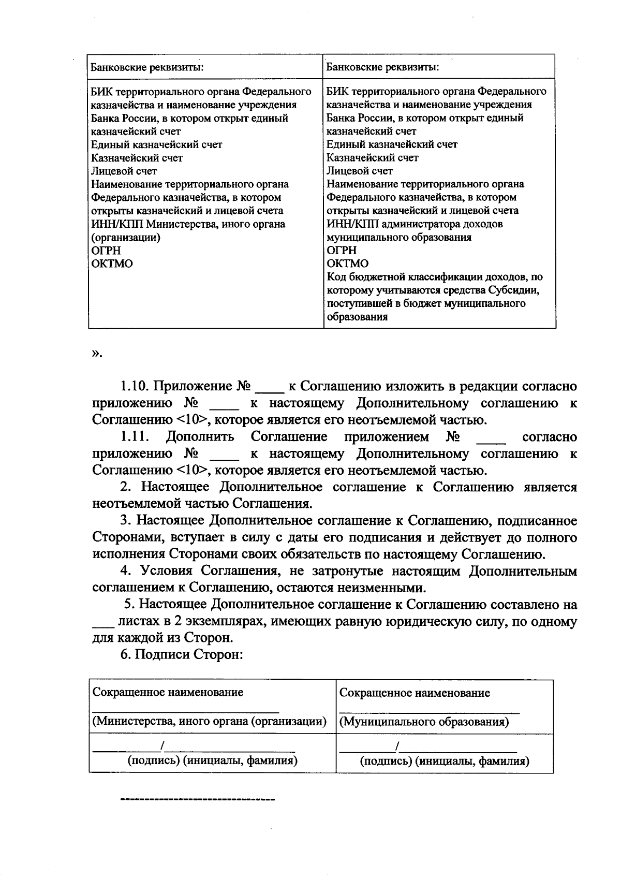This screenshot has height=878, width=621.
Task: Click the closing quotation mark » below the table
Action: [97, 354]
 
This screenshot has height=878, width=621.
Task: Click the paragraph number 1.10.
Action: [134, 387]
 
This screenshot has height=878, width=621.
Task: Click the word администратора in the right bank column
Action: [430, 224]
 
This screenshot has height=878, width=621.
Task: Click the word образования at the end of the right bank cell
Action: [357, 317]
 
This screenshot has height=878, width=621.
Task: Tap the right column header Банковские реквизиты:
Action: [383, 67]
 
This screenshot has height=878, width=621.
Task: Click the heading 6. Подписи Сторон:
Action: [182, 654]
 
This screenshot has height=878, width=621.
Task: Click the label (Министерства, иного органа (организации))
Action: [209, 721]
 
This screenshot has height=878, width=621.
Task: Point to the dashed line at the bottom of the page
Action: [197, 800]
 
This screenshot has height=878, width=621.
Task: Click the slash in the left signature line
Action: [162, 745]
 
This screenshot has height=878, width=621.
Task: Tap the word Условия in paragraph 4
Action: [165, 571]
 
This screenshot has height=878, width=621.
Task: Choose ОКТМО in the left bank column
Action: [112, 264]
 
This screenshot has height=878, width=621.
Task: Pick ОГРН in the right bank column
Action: [342, 251]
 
